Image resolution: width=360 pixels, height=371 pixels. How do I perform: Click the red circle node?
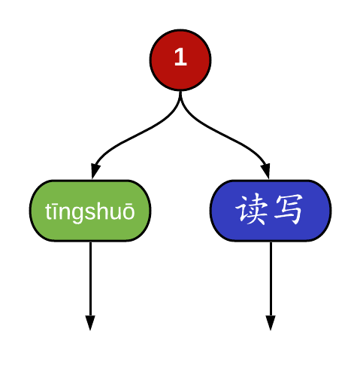[x=180, y=59]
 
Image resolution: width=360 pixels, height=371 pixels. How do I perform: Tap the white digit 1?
[x=180, y=57]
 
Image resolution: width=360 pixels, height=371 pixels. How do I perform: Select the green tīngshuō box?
[x=90, y=211]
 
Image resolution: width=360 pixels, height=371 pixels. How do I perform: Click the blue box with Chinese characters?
[x=271, y=211]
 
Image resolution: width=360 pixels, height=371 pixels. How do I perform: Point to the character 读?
[x=251, y=210]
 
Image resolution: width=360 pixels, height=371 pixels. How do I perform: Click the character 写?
[x=289, y=210]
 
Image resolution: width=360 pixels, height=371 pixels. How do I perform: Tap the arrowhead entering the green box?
[x=95, y=171]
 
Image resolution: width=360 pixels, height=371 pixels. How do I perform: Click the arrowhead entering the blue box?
[x=266, y=171]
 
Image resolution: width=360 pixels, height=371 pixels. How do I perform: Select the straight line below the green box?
[x=90, y=279]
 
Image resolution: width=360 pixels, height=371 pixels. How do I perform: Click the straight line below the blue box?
[x=271, y=279]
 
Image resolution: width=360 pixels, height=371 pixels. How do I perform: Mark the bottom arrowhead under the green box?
[x=90, y=323]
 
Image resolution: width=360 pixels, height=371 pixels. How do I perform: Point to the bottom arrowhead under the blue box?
[x=271, y=323]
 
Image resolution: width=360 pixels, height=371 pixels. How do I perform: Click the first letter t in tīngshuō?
[x=47, y=211]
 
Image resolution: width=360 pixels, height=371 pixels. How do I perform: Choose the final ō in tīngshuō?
[x=129, y=212]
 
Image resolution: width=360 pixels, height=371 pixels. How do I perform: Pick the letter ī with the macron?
[x=54, y=211]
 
